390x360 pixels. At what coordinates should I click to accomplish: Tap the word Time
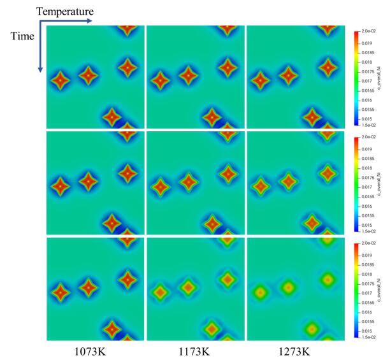pyautogui.click(x=22, y=36)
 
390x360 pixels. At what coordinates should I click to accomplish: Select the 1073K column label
pyautogui.click(x=95, y=350)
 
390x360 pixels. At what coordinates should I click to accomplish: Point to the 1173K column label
pyautogui.click(x=194, y=350)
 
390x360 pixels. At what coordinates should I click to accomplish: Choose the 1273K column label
pyautogui.click(x=294, y=350)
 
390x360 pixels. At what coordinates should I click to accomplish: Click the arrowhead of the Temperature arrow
pyautogui.click(x=90, y=22)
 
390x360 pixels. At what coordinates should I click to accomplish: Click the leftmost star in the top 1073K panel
pyautogui.click(x=60, y=81)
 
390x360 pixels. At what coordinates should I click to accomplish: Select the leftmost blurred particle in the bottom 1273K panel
pyautogui.click(x=261, y=293)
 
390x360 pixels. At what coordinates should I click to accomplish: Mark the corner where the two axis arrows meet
pyautogui.click(x=40, y=22)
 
